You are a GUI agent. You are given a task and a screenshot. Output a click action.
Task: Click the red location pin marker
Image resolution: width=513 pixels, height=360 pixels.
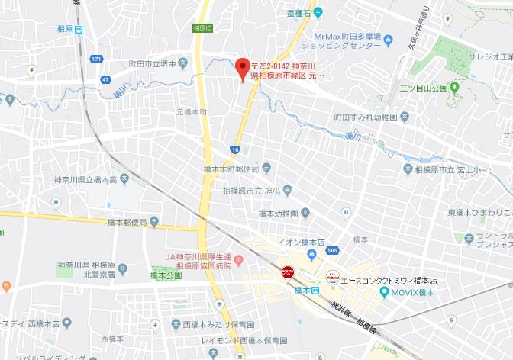(x=243, y=68)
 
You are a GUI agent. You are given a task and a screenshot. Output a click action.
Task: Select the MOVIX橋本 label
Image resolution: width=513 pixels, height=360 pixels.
(x=412, y=292)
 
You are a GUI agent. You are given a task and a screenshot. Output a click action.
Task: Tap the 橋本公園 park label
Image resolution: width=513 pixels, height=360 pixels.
(x=166, y=275)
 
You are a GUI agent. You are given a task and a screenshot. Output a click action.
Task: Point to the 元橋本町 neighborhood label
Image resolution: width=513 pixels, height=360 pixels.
(x=192, y=111)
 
